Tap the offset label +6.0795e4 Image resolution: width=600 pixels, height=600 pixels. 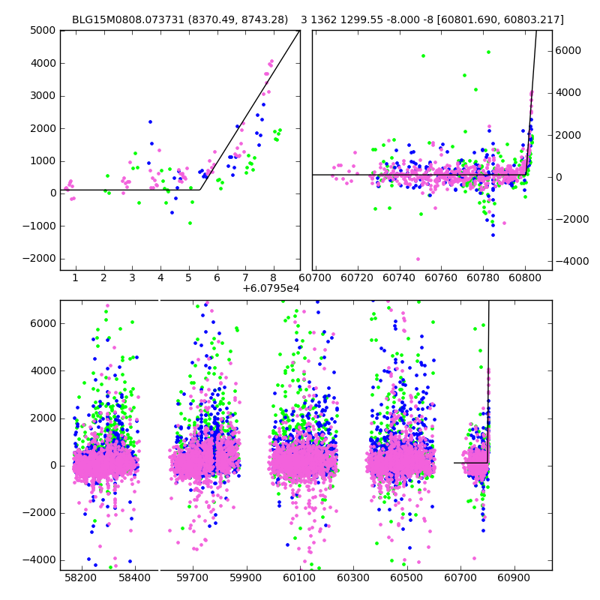point(271,288)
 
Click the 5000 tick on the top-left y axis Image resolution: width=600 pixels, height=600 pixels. point(44,31)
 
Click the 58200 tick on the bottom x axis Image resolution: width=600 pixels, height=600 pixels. point(81,579)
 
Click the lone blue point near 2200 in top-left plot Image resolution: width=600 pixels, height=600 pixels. point(150,121)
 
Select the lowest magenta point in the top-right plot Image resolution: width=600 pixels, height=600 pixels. point(418,259)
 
